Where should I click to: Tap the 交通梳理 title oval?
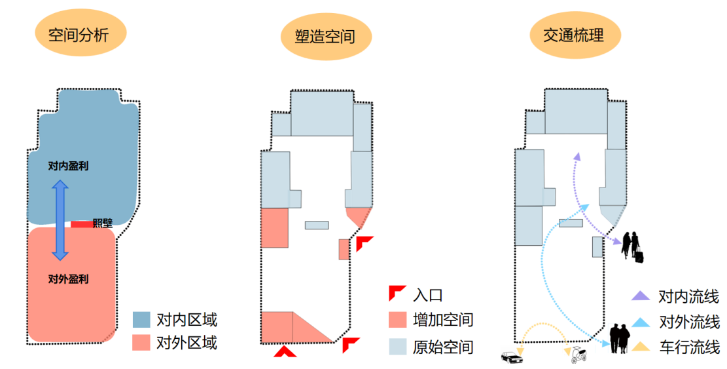573,34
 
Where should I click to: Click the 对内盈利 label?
68,166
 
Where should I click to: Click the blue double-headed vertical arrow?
60,220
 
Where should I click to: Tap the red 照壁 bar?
81,224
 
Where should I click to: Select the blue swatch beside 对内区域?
141,320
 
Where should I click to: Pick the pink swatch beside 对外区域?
141,342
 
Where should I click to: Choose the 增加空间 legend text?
443,320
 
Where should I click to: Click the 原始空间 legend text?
443,347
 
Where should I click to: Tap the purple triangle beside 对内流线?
641,297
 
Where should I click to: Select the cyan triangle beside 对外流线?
641,322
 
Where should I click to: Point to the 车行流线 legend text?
689,347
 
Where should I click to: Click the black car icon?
512,357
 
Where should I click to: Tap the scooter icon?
576,356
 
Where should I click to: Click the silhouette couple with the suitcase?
633,247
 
